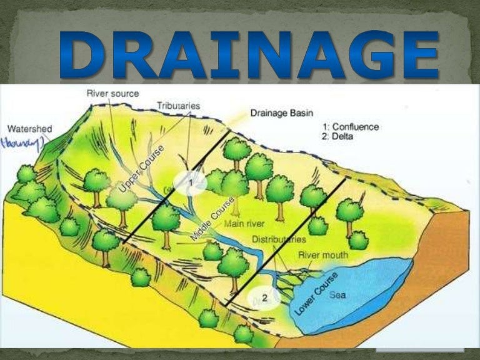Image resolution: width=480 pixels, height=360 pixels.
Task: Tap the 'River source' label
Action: pyautogui.click(x=113, y=94)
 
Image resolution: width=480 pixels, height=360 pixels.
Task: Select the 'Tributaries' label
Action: pyautogui.click(x=178, y=106)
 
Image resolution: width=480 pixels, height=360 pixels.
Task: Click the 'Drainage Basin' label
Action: pyautogui.click(x=277, y=113)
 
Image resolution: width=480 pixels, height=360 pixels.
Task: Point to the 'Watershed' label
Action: pyautogui.click(x=29, y=129)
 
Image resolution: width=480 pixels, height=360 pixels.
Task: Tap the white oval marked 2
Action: pyautogui.click(x=264, y=298)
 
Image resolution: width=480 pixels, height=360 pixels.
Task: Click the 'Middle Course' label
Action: pyautogui.click(x=213, y=219)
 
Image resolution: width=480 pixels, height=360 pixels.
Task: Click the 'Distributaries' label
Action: pyautogui.click(x=279, y=239)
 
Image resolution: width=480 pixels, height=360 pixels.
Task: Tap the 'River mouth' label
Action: pyautogui.click(x=323, y=255)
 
